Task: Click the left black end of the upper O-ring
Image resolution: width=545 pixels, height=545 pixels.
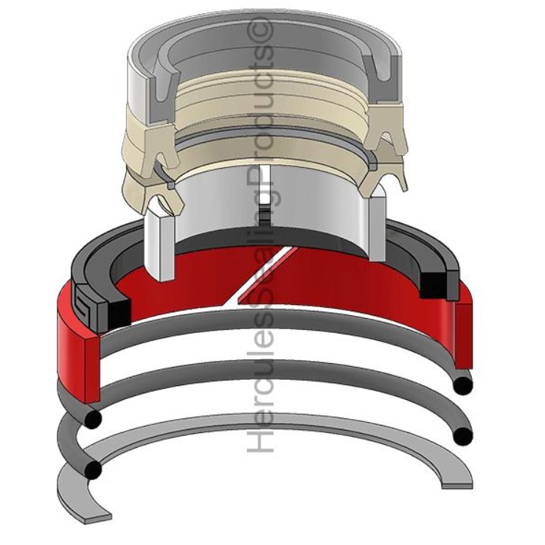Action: coord(92,418)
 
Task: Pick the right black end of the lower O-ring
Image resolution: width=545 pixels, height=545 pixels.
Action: coord(463,435)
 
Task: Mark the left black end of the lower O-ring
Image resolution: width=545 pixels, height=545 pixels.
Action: coord(92,470)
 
